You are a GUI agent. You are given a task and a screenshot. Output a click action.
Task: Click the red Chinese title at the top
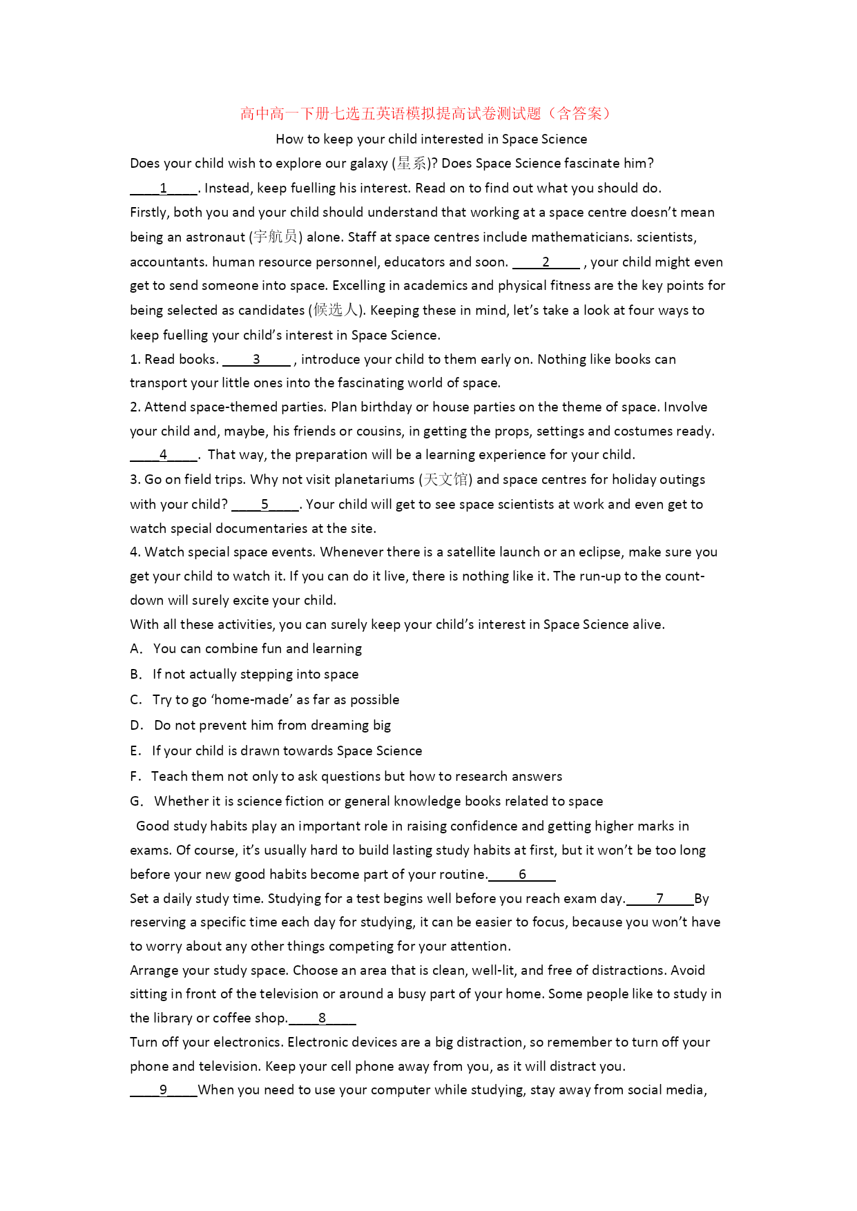[427, 114]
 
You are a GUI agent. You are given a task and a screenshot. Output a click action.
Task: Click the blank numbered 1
[164, 188]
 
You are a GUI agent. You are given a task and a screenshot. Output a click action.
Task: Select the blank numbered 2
[546, 262]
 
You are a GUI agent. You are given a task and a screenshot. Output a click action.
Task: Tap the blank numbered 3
[256, 360]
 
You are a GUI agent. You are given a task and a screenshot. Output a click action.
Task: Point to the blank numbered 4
[164, 455]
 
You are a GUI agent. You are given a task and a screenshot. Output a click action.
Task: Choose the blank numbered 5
[265, 505]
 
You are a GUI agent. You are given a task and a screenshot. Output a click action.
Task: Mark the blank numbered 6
[522, 875]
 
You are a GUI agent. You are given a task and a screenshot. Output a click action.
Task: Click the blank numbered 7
[660, 899]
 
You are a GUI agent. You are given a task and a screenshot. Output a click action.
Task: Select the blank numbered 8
[322, 1018]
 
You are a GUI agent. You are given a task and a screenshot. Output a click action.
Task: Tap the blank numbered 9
[164, 1090]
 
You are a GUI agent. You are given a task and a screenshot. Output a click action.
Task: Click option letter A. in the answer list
[136, 649]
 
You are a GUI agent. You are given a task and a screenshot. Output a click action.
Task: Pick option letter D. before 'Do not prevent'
[137, 726]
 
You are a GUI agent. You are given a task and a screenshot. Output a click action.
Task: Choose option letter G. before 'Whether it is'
[137, 802]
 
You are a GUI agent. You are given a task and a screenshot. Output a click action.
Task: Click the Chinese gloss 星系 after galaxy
[412, 164]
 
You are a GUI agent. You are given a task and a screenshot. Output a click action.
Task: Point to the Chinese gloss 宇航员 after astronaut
[276, 238]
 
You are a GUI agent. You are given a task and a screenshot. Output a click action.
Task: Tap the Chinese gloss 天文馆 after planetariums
[446, 480]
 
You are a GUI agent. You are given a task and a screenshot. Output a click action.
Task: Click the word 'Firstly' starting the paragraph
[148, 213]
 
